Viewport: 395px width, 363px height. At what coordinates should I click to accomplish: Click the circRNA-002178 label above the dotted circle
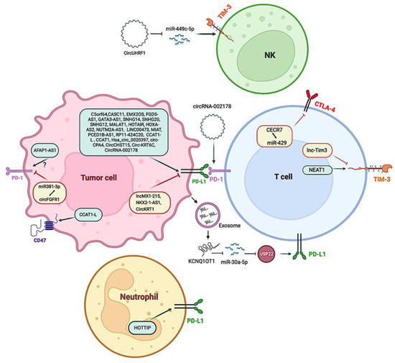click(x=217, y=106)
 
